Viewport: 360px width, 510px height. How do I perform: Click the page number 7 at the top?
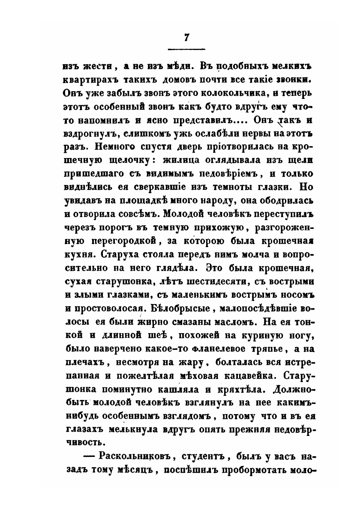click(x=186, y=37)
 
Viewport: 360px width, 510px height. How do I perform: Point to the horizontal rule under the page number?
click(x=186, y=48)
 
